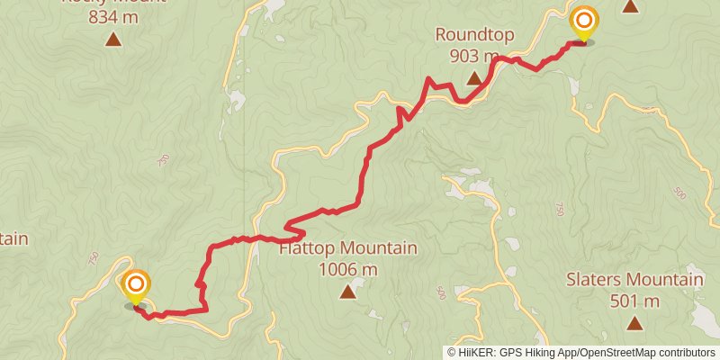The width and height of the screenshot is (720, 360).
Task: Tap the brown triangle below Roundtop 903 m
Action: click(x=474, y=79)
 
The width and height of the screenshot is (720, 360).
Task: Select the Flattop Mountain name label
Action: click(x=347, y=248)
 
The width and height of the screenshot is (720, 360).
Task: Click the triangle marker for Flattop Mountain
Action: click(x=347, y=291)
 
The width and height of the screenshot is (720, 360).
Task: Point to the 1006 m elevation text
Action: click(x=347, y=269)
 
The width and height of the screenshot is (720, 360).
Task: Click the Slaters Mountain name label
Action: click(x=634, y=280)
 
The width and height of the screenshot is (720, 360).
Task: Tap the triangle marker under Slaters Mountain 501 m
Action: click(x=634, y=323)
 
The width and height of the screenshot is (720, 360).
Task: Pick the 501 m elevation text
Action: click(x=634, y=301)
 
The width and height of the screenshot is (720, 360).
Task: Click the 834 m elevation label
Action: click(x=113, y=15)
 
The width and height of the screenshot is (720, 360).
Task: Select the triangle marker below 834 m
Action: click(x=113, y=38)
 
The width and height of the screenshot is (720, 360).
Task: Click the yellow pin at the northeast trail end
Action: click(x=584, y=22)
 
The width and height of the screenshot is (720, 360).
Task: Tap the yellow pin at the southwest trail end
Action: click(x=136, y=286)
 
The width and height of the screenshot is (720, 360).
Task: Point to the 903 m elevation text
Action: click(x=474, y=56)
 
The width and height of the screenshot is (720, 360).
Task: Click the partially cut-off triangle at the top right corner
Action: click(x=631, y=5)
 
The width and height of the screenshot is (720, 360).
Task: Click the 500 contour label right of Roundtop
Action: click(x=679, y=193)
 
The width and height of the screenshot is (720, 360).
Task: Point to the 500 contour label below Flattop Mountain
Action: click(x=441, y=292)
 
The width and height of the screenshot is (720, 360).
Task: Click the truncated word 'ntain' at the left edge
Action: click(x=13, y=238)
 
